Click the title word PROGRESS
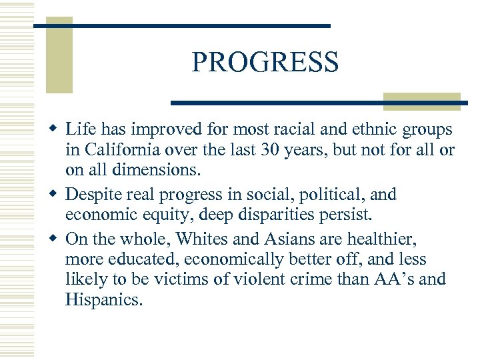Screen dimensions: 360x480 [x=265, y=62]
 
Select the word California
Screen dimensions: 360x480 [x=127, y=151]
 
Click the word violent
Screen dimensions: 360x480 [x=255, y=279]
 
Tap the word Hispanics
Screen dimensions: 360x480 [x=103, y=299]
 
